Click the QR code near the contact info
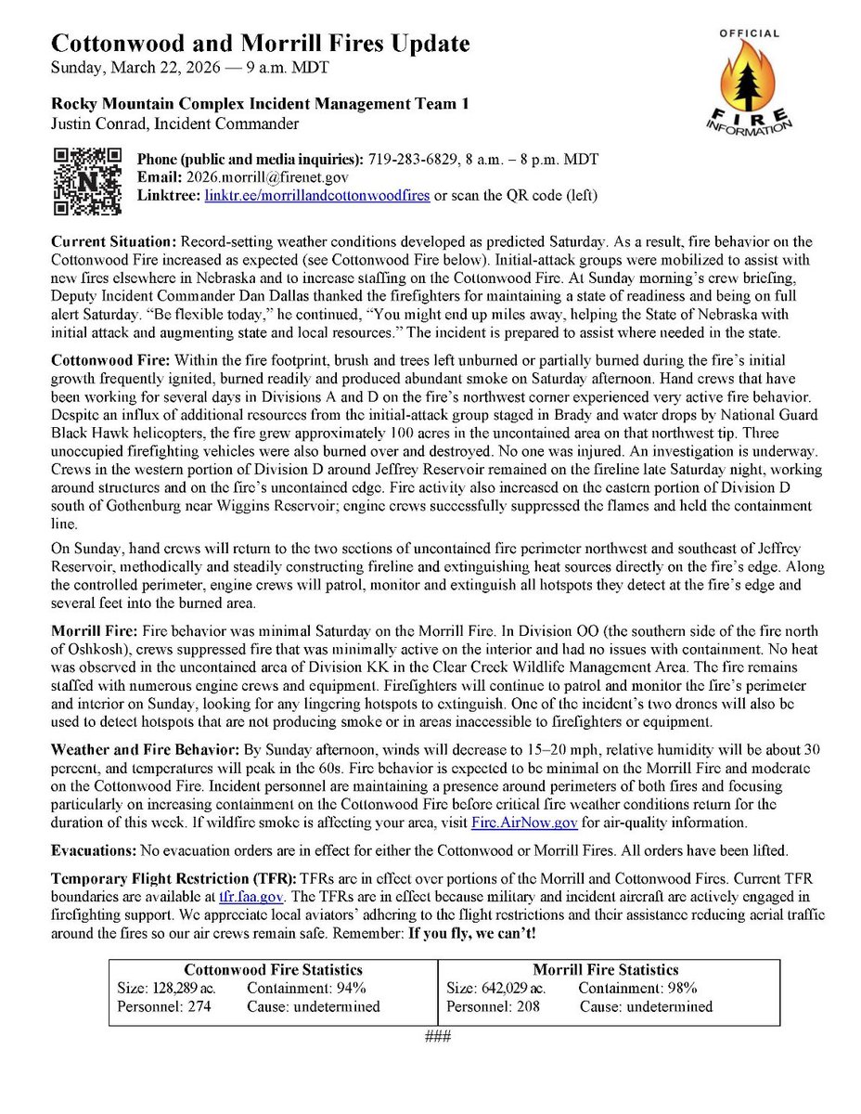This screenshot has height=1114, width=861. [x=87, y=180]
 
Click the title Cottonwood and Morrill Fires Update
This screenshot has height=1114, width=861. [x=260, y=44]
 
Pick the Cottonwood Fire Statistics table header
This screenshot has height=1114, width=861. [x=273, y=970]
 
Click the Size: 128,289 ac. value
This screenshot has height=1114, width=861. [x=170, y=988]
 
